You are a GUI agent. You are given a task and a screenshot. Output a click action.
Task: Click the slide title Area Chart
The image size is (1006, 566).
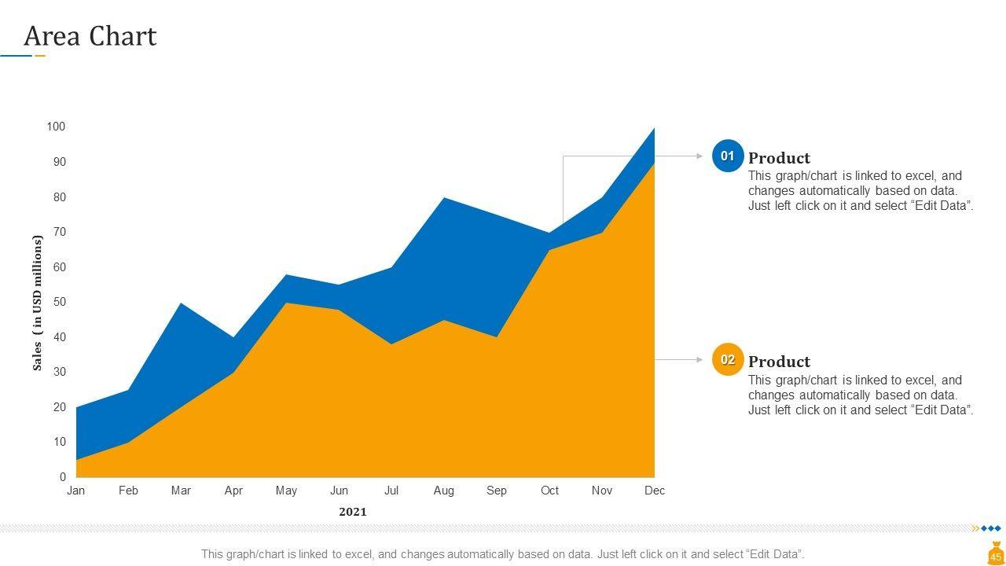(x=90, y=37)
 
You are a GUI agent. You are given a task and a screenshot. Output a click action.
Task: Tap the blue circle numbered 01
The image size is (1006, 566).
(x=728, y=156)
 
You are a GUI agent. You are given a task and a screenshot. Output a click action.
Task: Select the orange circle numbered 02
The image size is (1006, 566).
(x=728, y=360)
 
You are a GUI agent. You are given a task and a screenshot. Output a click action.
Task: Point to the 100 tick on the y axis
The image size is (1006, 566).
(x=56, y=127)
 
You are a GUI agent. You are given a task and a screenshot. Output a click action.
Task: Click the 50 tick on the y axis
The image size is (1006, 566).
(x=59, y=302)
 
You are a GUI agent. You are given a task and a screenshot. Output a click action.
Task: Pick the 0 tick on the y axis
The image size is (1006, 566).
(x=62, y=477)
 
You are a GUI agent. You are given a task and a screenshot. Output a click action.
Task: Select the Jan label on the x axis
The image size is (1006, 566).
(x=76, y=491)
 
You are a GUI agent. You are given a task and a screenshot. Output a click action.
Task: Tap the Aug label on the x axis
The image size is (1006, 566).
(x=443, y=491)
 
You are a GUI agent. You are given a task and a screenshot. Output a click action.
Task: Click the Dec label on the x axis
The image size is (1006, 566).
(x=655, y=491)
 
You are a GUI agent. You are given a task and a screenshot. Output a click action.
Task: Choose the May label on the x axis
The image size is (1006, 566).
(x=286, y=491)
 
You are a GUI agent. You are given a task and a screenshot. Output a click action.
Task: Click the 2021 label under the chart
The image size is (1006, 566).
(x=353, y=512)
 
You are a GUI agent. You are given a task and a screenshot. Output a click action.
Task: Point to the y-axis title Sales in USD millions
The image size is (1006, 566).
(x=37, y=303)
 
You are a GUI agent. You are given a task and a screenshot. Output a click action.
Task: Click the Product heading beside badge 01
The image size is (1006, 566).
(x=779, y=158)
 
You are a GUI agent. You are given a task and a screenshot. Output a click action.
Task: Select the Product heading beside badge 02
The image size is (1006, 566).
(x=779, y=362)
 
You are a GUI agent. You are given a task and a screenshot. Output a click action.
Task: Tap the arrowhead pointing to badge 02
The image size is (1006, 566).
(x=699, y=360)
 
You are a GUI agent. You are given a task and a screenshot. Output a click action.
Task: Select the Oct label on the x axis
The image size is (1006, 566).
(x=549, y=491)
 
